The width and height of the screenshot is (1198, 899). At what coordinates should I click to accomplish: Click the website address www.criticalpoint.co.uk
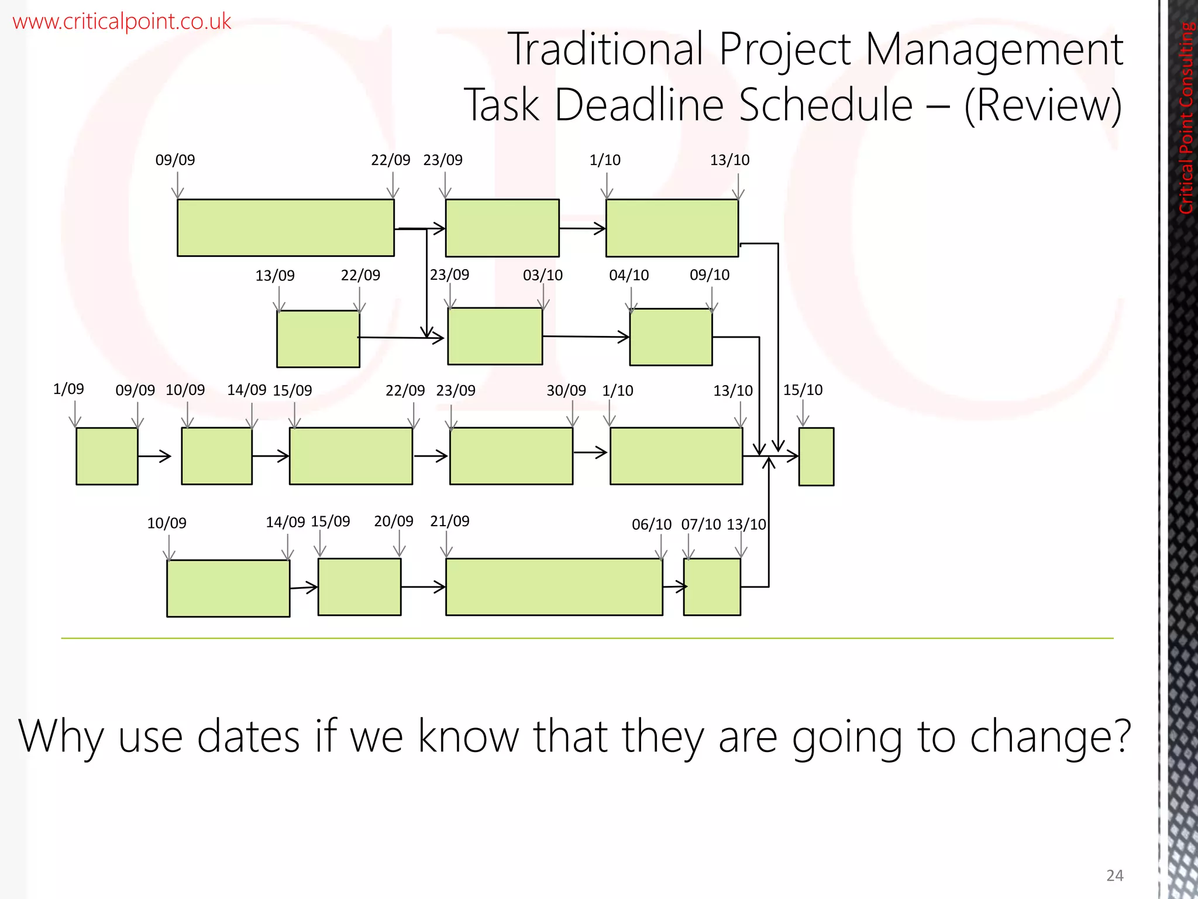point(122,22)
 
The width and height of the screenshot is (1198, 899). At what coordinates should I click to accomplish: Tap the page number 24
point(1114,875)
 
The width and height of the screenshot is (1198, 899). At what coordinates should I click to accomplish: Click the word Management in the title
point(993,49)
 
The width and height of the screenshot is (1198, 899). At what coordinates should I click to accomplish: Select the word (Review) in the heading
point(1042,105)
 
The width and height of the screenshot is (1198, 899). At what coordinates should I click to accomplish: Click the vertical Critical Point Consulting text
point(1186,117)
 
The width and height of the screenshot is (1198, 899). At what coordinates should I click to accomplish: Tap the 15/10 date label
point(803,390)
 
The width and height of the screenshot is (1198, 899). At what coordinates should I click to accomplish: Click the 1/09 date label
point(68,389)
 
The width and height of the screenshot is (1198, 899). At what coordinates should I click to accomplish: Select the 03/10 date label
point(543,275)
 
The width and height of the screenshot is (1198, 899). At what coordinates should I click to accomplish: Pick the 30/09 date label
point(566,390)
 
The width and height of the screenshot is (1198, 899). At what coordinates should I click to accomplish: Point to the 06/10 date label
point(651,524)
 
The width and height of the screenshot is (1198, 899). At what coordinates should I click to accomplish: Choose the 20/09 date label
point(394,521)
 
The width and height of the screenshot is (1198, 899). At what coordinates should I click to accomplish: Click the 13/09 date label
point(275,276)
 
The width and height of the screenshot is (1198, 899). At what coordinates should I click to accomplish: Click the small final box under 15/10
point(816,457)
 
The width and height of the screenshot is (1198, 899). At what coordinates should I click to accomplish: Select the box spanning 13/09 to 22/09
point(318,339)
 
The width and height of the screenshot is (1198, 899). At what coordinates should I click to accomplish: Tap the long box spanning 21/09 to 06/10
point(554,586)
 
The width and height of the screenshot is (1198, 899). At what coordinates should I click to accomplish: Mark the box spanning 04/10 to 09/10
point(671,337)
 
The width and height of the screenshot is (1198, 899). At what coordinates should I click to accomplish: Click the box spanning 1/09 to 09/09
point(107,456)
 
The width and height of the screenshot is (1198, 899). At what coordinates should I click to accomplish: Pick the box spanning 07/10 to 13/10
point(712,586)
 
